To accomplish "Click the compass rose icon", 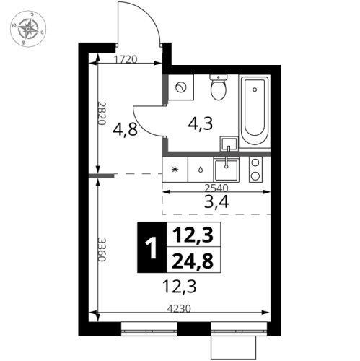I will click(28, 29).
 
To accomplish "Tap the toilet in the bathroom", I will click(218, 89).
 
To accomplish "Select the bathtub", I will click(255, 110).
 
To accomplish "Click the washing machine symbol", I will click(181, 87).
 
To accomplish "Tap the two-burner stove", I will click(255, 169).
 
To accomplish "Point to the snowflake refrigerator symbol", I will click(175, 170).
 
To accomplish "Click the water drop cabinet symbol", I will click(198, 170).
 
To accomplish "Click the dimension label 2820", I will click(102, 113).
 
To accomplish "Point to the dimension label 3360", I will click(102, 250).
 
